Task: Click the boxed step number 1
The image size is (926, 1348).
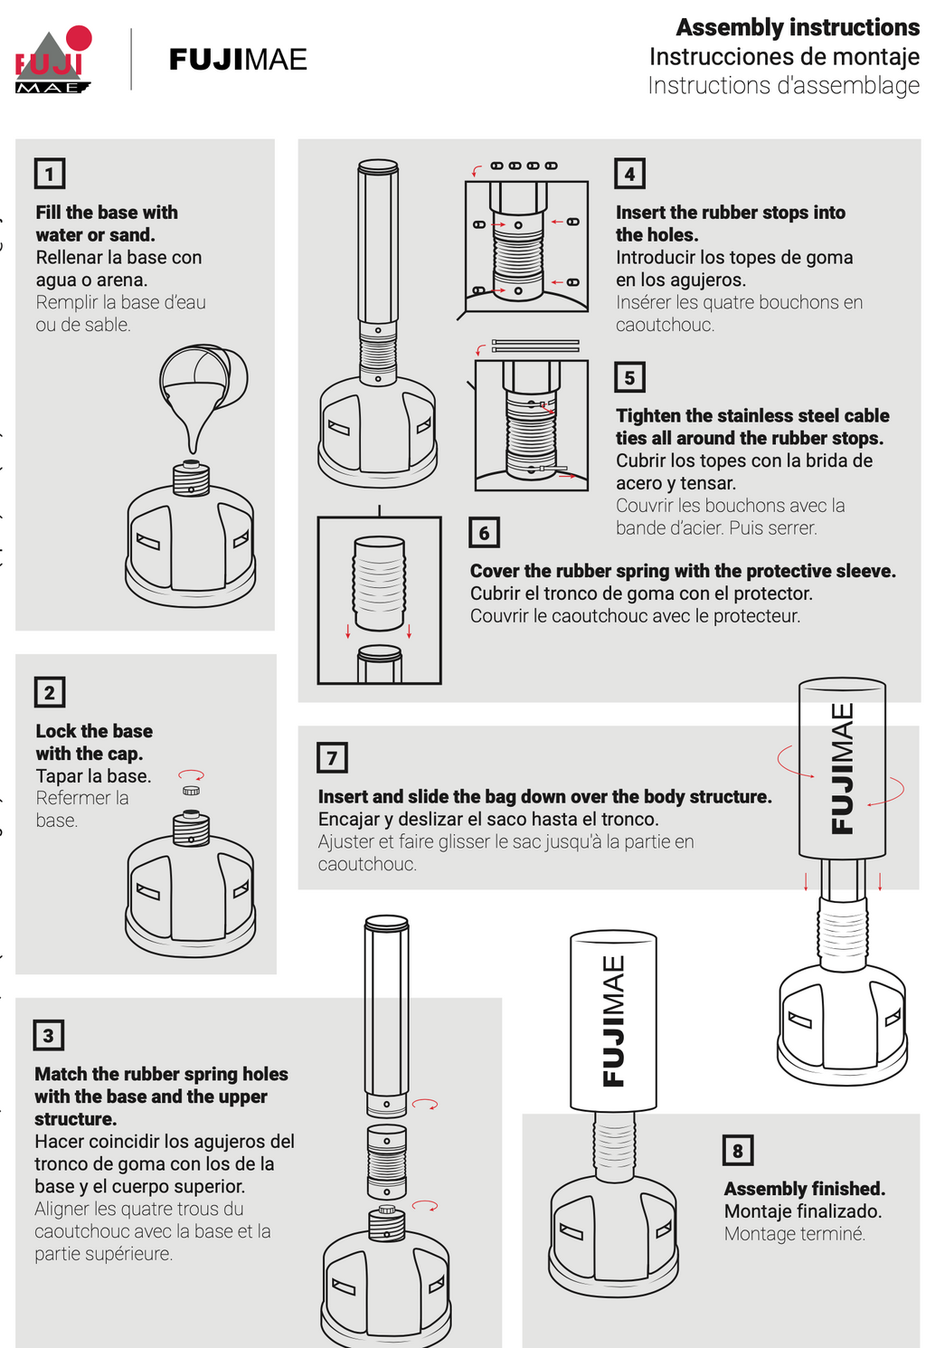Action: coord(50,174)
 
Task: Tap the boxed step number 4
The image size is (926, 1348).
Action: coord(629,174)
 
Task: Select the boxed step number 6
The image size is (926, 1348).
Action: coord(484,532)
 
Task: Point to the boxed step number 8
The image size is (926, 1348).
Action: coord(737,1150)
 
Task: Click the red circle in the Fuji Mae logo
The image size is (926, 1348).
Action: coord(78,37)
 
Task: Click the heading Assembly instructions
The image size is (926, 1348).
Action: coord(798,27)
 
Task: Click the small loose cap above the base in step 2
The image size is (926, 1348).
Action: coord(192,790)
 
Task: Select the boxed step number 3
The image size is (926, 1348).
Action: coord(48,1035)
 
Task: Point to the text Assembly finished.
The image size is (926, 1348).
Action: coord(805,1189)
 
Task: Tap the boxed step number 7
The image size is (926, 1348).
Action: coord(332,757)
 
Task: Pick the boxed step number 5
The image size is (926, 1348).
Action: coord(629,377)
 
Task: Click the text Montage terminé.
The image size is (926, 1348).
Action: coord(794,1234)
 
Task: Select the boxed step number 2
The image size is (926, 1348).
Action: coord(50,692)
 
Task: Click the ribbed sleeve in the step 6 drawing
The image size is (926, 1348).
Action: coord(379,584)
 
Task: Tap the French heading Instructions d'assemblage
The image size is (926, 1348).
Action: coord(783,85)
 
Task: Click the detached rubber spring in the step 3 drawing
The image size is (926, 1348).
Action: coord(386,1162)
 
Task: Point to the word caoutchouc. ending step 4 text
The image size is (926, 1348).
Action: coord(665,325)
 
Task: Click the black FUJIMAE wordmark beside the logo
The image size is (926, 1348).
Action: coord(238,60)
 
